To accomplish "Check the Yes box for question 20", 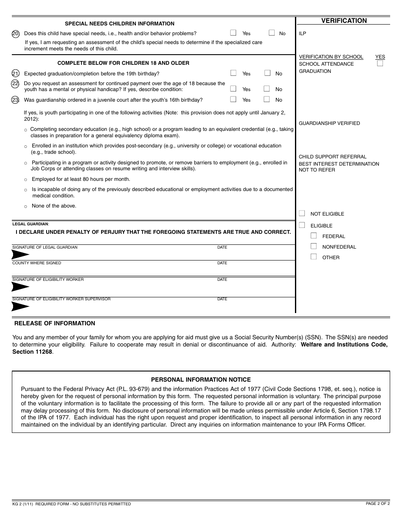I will tap(233, 33).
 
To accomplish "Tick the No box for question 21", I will tap(267, 73).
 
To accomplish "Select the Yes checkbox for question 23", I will tap(233, 99).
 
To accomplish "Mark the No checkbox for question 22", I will tap(267, 89).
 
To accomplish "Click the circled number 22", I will tap(15, 83).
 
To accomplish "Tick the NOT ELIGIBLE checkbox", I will tap(302, 213).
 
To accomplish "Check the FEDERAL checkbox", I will tap(314, 236).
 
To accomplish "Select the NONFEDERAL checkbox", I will tap(314, 246).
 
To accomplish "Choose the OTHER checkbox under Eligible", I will tap(314, 257).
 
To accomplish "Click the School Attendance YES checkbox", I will tap(380, 64).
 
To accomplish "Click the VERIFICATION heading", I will tap(344, 21).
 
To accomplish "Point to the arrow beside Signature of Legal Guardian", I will tap(20, 255).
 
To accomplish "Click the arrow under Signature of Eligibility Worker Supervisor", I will tap(20, 307).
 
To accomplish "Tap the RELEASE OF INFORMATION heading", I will tap(55, 323).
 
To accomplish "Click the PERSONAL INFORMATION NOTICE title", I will tap(201, 380).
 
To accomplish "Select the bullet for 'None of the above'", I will tap(26, 206).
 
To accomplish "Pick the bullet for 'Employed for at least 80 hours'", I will tap(26, 180).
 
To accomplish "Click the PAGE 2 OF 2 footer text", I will tap(377, 503).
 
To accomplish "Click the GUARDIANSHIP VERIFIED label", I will tap(329, 123).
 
